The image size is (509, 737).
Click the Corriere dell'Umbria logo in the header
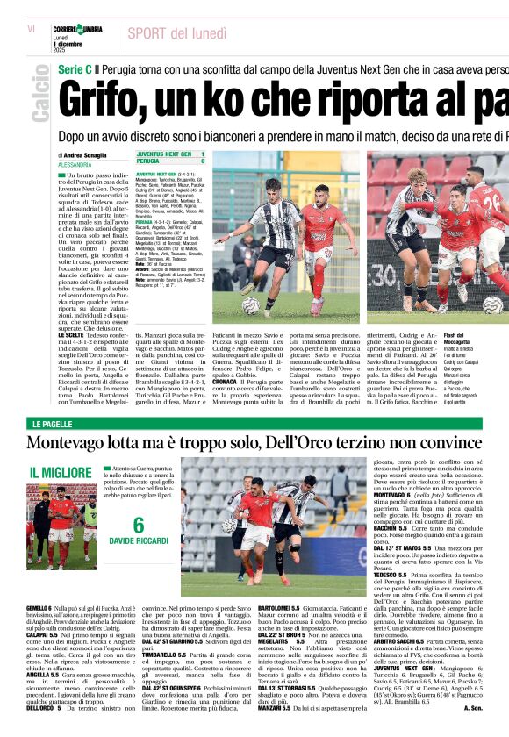click(x=77, y=29)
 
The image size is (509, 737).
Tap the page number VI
click(x=31, y=29)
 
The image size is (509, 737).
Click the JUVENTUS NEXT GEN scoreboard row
click(x=170, y=154)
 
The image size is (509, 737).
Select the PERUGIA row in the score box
click(x=170, y=161)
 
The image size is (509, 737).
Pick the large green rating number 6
click(x=138, y=526)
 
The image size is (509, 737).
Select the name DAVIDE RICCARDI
click(x=139, y=540)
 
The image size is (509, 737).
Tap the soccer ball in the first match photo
click(x=252, y=305)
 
